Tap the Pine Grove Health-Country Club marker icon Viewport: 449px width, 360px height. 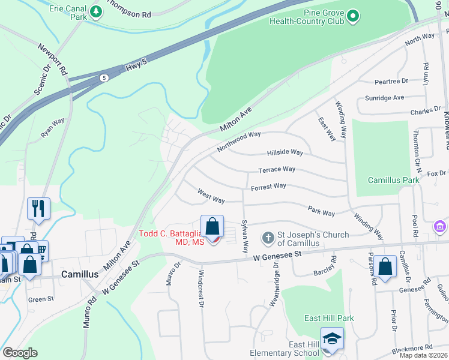coord(354,15)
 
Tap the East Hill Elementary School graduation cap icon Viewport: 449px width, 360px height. coord(332,338)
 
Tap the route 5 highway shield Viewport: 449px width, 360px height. coord(104,78)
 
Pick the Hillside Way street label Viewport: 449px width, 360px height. coord(285,152)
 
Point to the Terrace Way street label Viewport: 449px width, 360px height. coord(277,170)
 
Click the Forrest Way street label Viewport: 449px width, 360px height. coord(268,187)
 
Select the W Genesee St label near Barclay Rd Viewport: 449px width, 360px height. coord(277,256)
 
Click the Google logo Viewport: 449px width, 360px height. coord(20,353)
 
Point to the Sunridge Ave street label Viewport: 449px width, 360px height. coord(385,98)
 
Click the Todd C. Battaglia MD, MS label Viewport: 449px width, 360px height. coord(172,238)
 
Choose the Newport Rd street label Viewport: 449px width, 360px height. coord(52,58)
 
